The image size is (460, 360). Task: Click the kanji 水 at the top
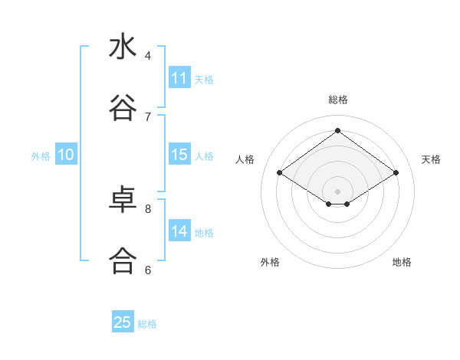click(123, 47)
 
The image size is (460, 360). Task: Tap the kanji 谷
click(123, 108)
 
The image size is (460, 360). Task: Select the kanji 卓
click(123, 200)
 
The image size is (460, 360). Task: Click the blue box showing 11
click(179, 78)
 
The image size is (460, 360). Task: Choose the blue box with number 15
click(179, 155)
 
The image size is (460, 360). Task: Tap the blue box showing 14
click(179, 231)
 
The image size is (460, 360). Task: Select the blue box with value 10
click(66, 155)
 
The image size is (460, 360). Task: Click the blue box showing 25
click(123, 322)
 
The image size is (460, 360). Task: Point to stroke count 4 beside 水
click(148, 55)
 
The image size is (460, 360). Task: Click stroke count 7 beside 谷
click(148, 116)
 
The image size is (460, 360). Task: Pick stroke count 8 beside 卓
click(148, 208)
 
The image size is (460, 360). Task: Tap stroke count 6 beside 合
click(148, 270)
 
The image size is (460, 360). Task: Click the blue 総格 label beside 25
click(147, 324)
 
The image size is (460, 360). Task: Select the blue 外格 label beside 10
click(41, 156)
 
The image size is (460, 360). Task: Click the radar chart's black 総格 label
click(338, 100)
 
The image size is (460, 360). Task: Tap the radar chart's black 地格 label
click(402, 262)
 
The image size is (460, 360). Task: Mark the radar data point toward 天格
click(396, 173)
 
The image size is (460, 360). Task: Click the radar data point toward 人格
click(280, 173)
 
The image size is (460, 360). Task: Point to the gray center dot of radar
click(338, 191)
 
